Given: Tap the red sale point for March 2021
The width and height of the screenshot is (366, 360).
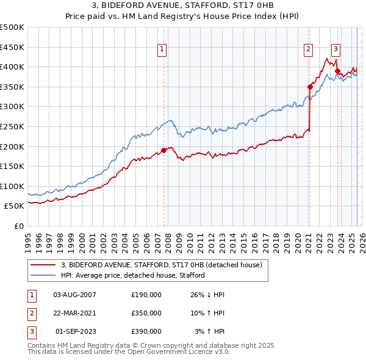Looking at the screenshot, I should coord(310,87).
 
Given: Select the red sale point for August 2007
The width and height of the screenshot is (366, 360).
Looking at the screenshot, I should coord(163,150).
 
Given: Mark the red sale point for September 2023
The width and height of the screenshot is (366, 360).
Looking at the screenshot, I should coord(337,71).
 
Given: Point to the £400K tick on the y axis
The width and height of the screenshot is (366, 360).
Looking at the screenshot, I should coord(13,67).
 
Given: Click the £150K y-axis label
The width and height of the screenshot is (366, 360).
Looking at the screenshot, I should coord(13,166).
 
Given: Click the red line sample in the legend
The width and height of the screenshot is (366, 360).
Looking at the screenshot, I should coord(44,265).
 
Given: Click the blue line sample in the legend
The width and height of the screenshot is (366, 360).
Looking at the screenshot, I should coord(44,275).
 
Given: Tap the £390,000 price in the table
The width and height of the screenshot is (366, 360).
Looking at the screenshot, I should coord(146,331).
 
